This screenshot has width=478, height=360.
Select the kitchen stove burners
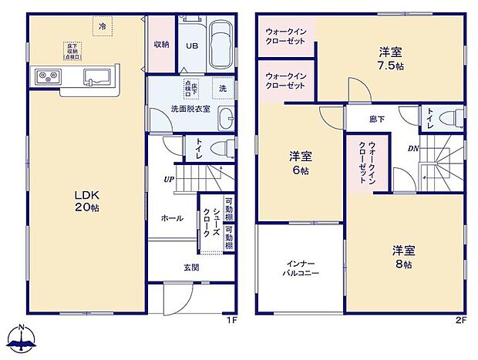click(45, 76)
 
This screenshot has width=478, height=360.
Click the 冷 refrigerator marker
click(103, 27)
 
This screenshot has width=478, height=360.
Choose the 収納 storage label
click(160, 44)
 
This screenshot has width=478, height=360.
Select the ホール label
click(173, 218)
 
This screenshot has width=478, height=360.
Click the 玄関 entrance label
click(192, 267)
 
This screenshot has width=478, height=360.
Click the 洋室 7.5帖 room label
click(389, 58)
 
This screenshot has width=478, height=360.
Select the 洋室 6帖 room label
click(300, 163)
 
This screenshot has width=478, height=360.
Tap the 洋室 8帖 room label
click(403, 257)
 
